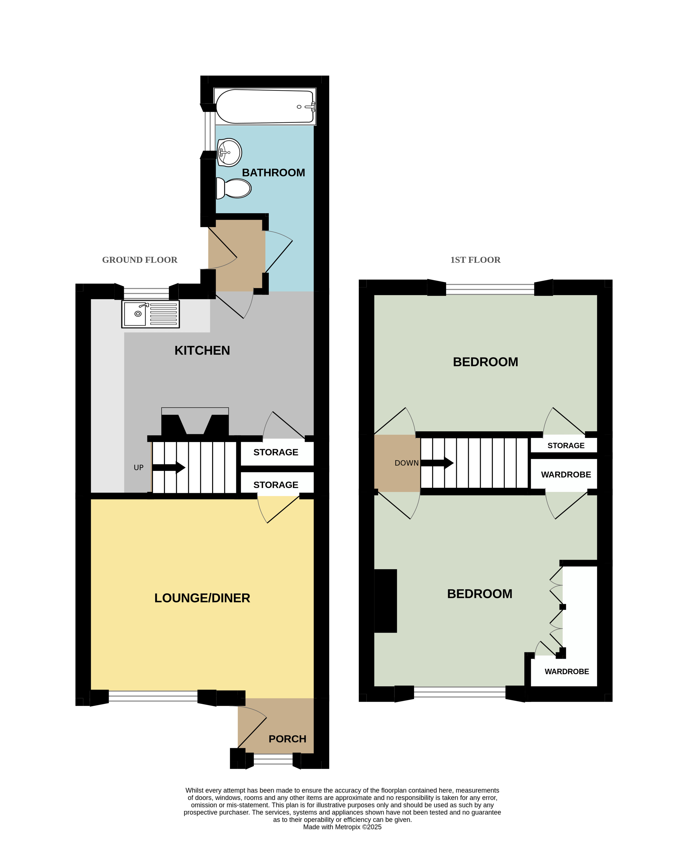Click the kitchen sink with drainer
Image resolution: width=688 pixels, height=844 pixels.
(x=151, y=314)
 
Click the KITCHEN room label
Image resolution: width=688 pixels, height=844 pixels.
(x=202, y=350)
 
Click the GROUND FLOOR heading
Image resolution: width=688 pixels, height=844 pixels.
(x=140, y=260)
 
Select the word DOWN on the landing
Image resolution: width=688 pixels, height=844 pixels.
(x=407, y=463)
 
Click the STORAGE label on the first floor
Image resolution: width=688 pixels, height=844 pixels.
(x=566, y=445)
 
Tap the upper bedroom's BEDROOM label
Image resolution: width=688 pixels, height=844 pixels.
(x=485, y=362)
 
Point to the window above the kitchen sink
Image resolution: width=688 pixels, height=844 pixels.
(x=146, y=293)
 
